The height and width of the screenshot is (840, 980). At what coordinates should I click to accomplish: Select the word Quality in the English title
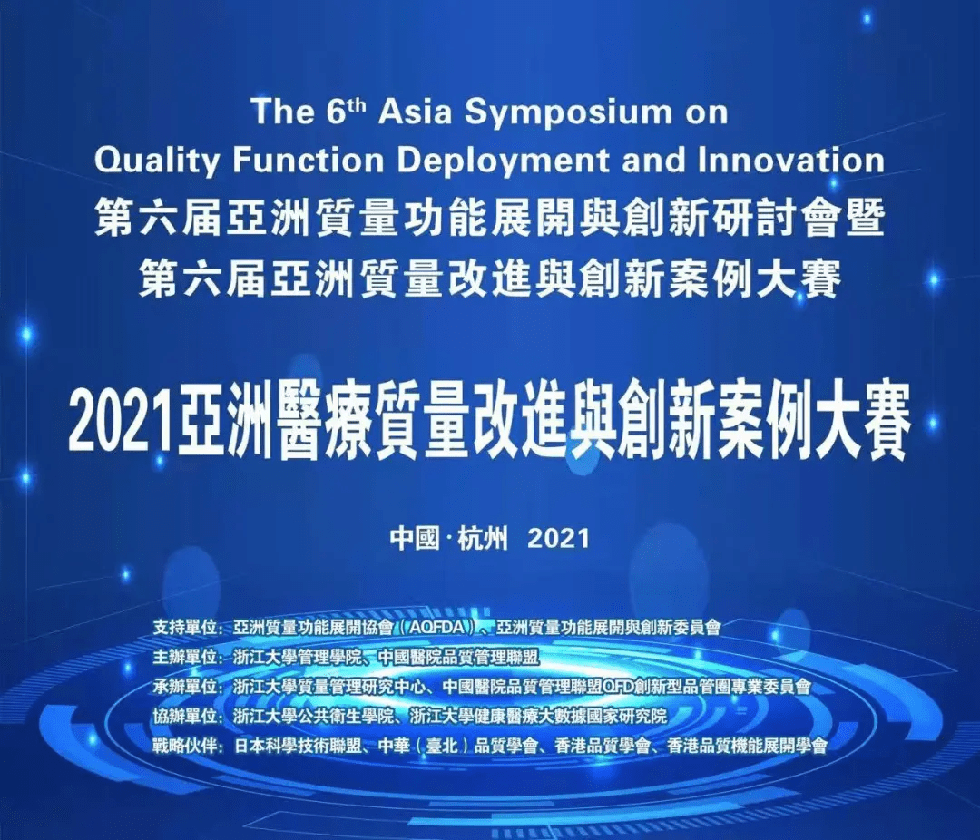(157, 161)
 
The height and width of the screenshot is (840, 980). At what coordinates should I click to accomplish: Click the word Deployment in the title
(503, 160)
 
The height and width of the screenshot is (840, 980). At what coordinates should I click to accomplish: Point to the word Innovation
(791, 160)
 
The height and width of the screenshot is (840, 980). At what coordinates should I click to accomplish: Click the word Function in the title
(308, 161)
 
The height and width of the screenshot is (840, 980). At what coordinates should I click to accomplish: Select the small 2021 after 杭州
(559, 538)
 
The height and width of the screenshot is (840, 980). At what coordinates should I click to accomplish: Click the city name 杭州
(483, 538)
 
